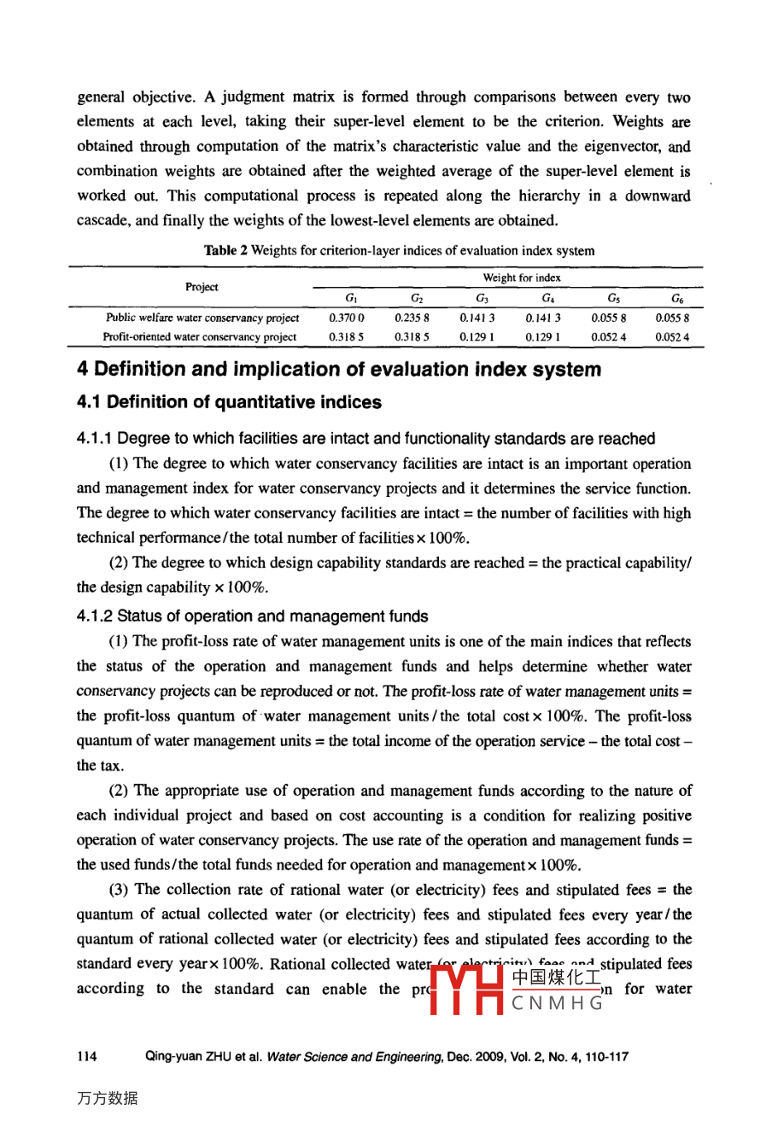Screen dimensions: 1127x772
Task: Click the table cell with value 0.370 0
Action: pyautogui.click(x=346, y=318)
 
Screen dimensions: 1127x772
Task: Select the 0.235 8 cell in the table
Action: pyautogui.click(x=412, y=318)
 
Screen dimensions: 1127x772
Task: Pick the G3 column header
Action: pyautogui.click(x=482, y=299)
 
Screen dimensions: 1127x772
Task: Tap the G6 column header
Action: pyautogui.click(x=676, y=299)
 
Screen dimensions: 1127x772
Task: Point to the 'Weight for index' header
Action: pyautogui.click(x=521, y=277)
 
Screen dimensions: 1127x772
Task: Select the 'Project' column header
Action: pyautogui.click(x=202, y=287)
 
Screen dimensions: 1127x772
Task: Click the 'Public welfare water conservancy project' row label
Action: pyautogui.click(x=202, y=318)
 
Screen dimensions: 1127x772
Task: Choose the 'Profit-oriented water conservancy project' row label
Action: pyautogui.click(x=200, y=337)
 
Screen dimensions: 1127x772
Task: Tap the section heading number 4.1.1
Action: pyautogui.click(x=95, y=439)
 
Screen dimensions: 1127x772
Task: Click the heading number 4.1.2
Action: pyautogui.click(x=95, y=616)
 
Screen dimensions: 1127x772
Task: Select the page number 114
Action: pyautogui.click(x=86, y=1057)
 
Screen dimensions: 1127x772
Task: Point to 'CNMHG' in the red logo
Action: pyautogui.click(x=558, y=1003)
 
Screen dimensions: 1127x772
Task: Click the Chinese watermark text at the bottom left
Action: pyautogui.click(x=107, y=1099)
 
